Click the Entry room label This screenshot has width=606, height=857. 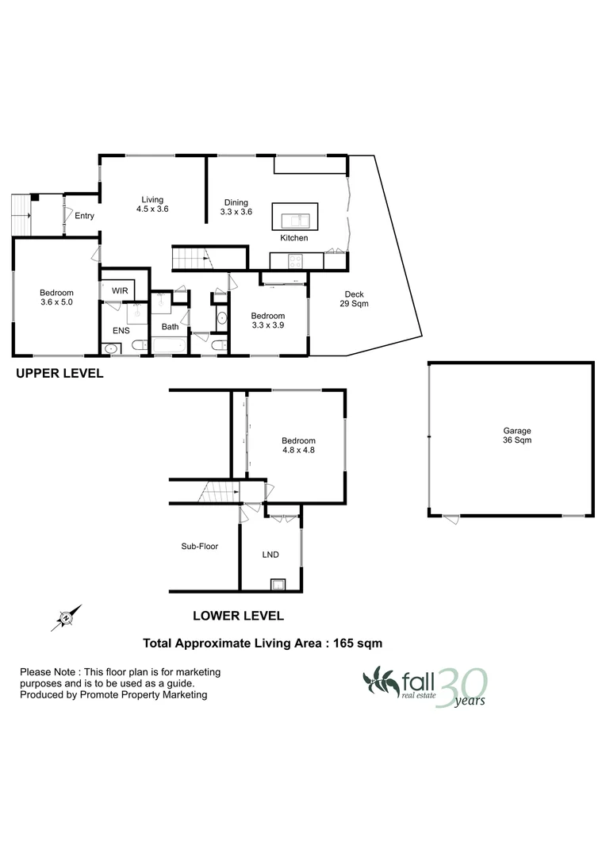84,216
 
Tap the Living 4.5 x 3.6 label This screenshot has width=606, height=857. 152,205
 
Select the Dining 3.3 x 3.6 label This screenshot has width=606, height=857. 236,207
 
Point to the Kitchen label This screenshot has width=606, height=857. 293,238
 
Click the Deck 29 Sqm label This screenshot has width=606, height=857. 355,298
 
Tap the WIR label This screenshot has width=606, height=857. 120,291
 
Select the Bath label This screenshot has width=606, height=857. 171,326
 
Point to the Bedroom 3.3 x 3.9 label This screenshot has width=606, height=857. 268,321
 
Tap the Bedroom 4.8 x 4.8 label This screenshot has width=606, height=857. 298,446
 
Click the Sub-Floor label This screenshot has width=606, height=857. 199,546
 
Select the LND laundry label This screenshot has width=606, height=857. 270,555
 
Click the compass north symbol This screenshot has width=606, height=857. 66,616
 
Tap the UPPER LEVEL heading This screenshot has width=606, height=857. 60,373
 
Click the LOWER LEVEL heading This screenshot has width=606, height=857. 238,615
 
